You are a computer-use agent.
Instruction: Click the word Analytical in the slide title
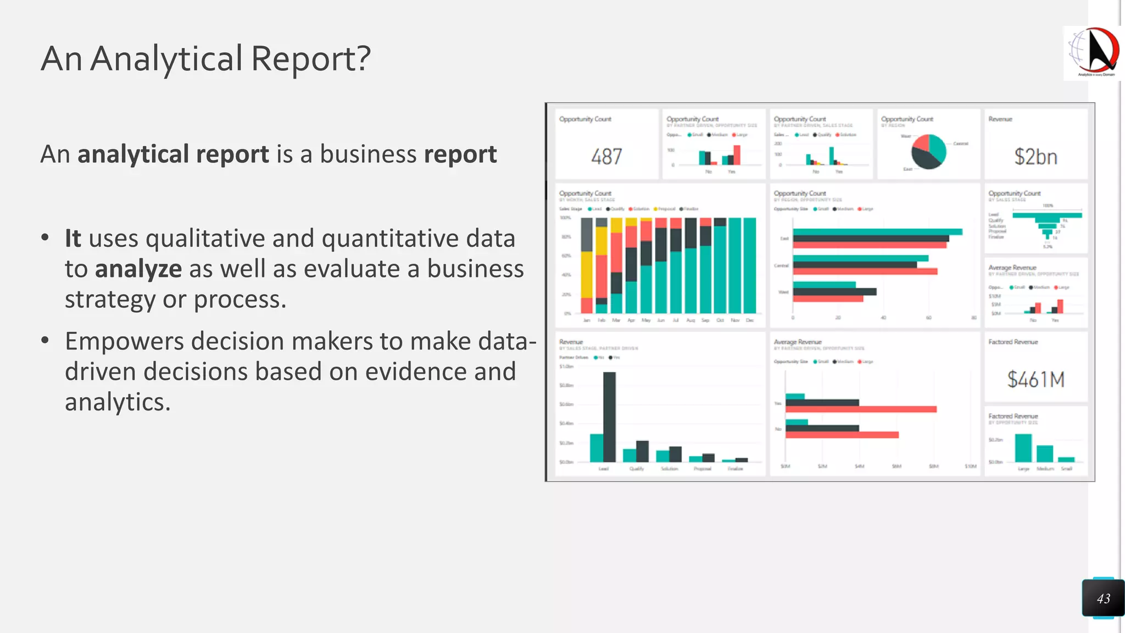pos(166,58)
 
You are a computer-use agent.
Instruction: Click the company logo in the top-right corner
pos(1093,53)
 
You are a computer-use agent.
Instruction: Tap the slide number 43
pos(1103,599)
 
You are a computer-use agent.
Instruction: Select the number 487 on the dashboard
pos(606,157)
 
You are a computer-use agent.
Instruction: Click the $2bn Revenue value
pos(1035,157)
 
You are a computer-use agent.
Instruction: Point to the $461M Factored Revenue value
pos(1035,380)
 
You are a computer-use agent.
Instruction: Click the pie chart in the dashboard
pos(928,151)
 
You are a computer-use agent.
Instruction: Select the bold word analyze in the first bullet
pos(138,269)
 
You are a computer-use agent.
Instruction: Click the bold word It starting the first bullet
pos(73,238)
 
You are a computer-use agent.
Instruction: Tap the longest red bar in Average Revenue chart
pos(861,409)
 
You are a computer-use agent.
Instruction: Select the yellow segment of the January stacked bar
pos(587,275)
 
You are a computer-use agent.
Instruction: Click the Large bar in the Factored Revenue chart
pos(1023,448)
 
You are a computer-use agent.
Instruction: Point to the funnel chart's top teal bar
pos(1047,215)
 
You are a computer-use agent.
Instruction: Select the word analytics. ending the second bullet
pos(117,402)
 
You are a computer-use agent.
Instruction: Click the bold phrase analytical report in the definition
pos(173,154)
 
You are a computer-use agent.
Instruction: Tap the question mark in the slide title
pos(363,58)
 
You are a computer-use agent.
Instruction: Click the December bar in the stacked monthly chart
pos(749,265)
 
